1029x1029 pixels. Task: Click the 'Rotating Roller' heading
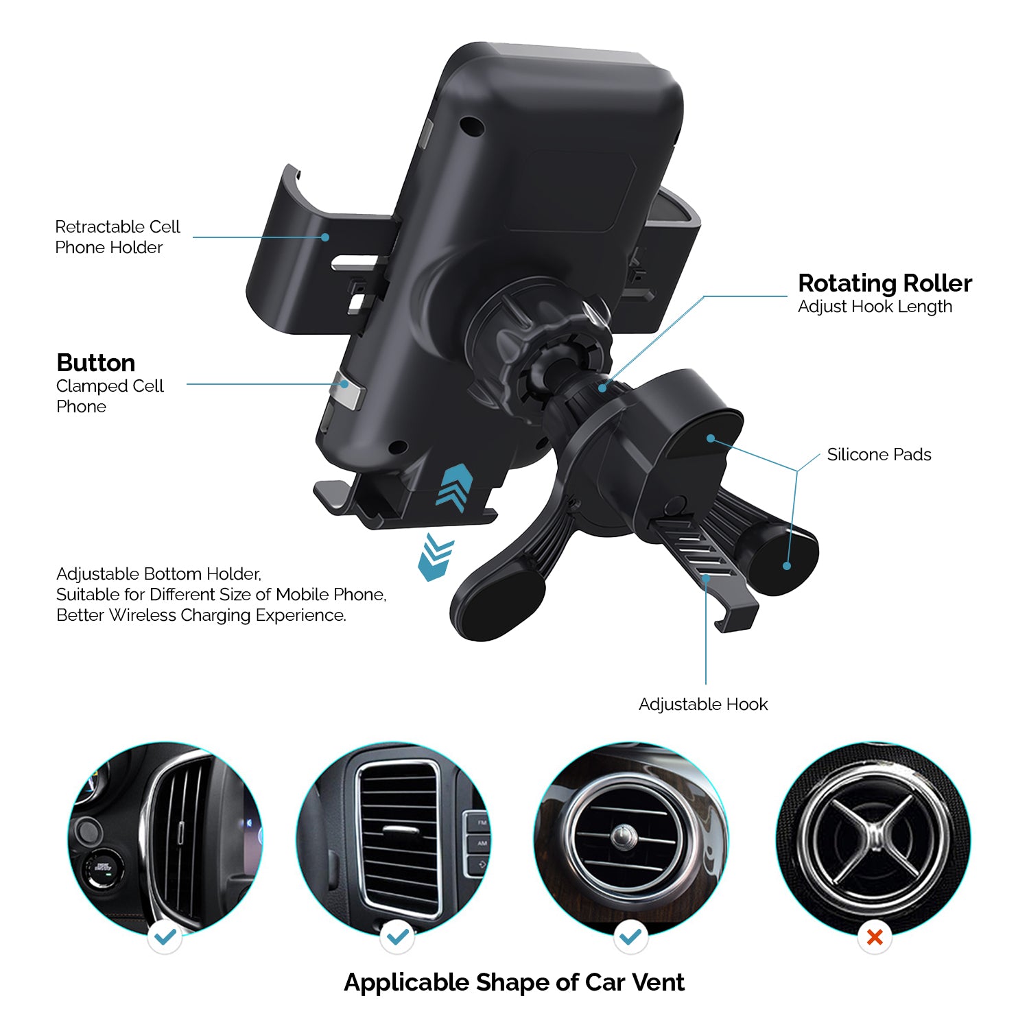pos(885,283)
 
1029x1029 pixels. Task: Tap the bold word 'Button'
pos(95,363)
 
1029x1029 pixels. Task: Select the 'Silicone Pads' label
pos(879,455)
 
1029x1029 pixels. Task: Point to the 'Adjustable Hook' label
pos(703,705)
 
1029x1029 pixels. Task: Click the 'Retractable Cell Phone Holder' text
pos(117,237)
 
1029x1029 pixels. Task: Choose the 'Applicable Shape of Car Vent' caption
pos(514,982)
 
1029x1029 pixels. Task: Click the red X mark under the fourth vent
pos(875,936)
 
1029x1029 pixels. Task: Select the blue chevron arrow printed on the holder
pos(455,488)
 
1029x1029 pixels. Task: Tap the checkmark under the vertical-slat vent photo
pos(165,936)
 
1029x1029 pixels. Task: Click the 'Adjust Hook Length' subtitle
pos(875,307)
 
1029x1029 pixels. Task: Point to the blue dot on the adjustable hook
pos(706,578)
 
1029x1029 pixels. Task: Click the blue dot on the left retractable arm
pos(326,237)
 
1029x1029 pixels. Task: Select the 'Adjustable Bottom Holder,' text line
pos(158,574)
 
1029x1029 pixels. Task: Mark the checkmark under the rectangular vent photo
pos(398,936)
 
